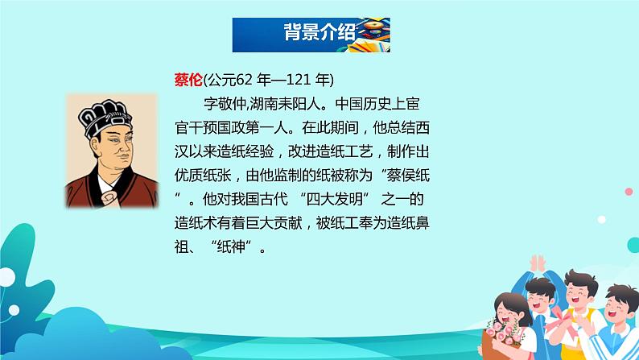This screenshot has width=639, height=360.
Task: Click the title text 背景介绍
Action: [x=319, y=31]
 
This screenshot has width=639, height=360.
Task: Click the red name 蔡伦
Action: [x=188, y=80]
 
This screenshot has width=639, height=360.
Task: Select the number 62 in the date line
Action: [x=244, y=80]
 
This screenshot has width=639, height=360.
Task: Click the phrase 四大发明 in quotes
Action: [x=334, y=200]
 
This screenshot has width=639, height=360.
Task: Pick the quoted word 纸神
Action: [x=231, y=246]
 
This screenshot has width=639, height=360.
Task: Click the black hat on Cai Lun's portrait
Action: [x=105, y=118]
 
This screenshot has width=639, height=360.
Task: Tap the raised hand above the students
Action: [x=538, y=264]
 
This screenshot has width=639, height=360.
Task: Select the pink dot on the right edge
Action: [x=629, y=191]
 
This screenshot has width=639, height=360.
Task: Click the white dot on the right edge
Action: [x=601, y=219]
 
